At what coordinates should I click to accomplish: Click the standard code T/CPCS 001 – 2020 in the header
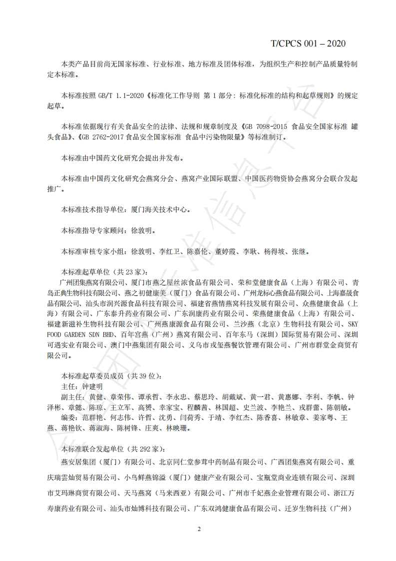[308, 43]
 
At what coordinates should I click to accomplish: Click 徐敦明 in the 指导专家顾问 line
[142, 231]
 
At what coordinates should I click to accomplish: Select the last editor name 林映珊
[178, 428]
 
